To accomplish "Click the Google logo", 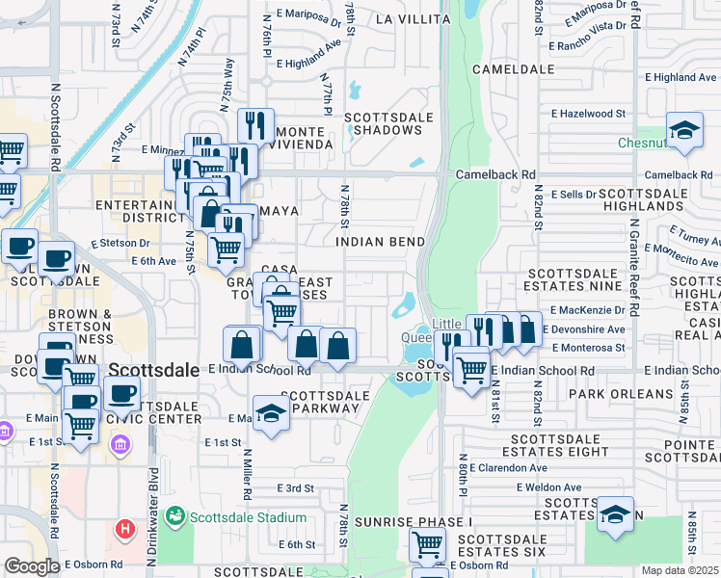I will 32,566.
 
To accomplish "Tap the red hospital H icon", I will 125,529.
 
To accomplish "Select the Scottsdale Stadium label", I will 247,517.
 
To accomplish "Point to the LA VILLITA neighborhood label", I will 412,19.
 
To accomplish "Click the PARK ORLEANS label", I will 621,394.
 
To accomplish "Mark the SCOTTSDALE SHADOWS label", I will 389,123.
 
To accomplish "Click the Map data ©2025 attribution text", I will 680,570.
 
